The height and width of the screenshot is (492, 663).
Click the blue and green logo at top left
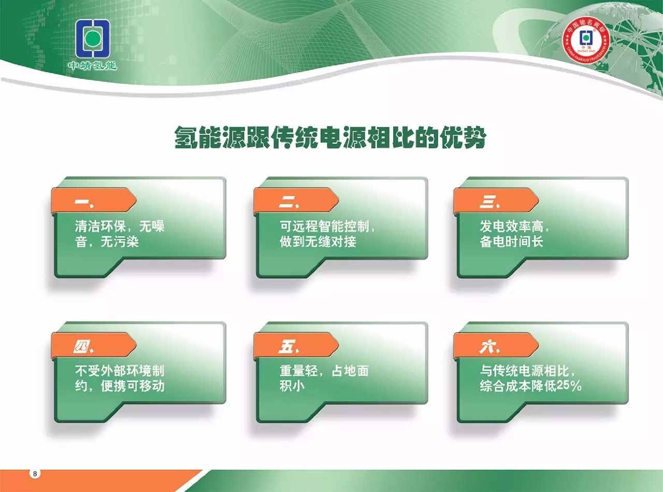92,38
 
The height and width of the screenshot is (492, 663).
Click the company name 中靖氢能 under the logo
92,66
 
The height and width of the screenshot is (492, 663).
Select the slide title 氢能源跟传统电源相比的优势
330,137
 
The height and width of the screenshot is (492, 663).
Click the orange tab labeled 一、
94,200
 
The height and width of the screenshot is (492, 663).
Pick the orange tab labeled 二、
296,200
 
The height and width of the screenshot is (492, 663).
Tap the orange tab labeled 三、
496,200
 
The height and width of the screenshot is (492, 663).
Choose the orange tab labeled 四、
94,345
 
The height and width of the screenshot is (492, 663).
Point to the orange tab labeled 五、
296,345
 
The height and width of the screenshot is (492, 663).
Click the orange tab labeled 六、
496,345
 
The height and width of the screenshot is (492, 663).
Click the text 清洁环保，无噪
120,226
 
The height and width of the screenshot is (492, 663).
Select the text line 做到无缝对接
318,242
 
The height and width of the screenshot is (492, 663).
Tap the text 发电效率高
511,226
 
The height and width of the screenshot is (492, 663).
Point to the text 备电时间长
511,242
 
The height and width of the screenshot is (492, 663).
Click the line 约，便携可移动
120,386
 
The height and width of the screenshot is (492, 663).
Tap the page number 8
35,474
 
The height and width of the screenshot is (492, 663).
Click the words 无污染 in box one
120,242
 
